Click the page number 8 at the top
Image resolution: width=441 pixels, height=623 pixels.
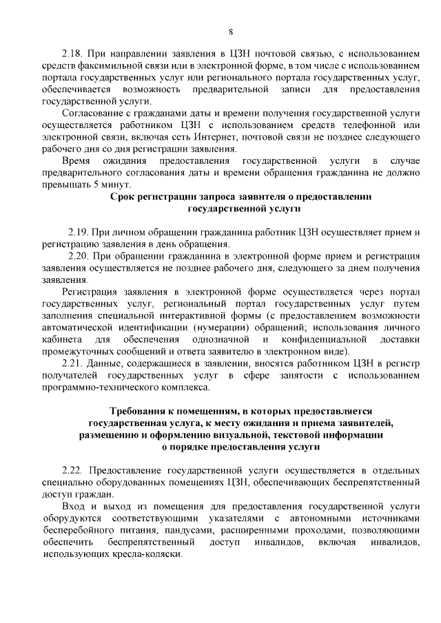(231, 32)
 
